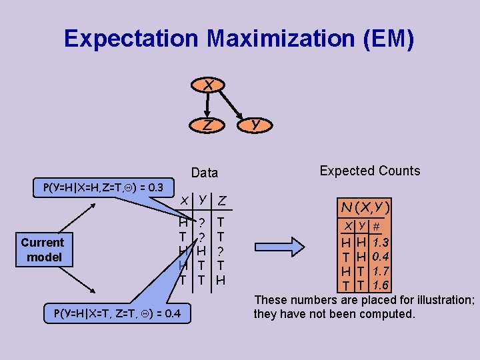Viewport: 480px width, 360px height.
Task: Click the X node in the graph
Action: point(209,85)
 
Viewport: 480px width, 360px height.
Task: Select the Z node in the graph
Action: point(208,124)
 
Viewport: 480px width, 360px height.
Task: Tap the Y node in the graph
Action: point(255,124)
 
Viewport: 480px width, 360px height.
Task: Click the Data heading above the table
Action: point(205,173)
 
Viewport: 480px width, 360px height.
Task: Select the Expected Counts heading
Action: point(370,171)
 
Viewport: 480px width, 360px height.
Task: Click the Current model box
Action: point(43,249)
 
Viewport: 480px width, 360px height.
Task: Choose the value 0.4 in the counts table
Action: point(381,257)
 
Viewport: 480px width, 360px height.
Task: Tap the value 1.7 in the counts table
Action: point(381,271)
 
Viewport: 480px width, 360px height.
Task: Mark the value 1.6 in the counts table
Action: point(381,285)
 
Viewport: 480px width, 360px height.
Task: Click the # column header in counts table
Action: point(376,227)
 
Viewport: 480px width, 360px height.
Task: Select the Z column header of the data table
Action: point(221,201)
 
